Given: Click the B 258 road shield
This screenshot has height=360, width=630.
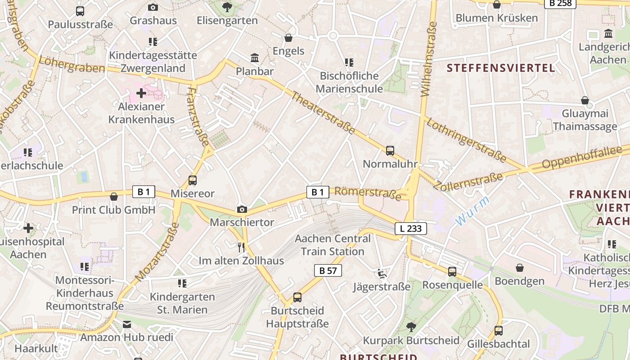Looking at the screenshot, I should point(560,3).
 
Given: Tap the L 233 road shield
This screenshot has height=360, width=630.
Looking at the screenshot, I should point(411,229).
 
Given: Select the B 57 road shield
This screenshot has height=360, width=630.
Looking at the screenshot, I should point(328,270).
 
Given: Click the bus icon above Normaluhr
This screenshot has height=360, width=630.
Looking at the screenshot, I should point(390,151).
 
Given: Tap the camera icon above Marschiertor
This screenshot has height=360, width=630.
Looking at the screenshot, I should point(242,209).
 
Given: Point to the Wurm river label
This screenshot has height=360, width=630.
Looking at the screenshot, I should point(472,211).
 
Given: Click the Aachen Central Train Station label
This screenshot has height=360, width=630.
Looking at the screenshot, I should point(333,245).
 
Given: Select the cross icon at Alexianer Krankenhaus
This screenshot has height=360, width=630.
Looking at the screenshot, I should point(141,93).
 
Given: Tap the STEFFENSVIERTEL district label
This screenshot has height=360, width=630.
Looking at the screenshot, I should point(501,68).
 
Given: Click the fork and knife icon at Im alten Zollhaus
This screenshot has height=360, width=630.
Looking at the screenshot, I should point(241,247).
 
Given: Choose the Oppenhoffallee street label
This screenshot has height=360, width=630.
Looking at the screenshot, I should point(585,157).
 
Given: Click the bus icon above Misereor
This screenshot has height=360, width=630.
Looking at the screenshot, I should point(193,180).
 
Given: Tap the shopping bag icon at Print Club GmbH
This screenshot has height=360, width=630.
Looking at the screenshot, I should point(114,197).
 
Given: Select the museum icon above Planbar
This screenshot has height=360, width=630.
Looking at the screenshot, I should point(255,58).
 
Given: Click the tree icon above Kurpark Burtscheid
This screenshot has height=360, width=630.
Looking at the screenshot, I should point(411,327).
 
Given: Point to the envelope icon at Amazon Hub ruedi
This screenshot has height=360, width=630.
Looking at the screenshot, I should point(127,324).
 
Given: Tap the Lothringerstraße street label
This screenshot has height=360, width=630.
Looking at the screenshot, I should point(466,140).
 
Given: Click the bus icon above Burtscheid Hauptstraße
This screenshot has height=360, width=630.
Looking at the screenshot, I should point(297,297).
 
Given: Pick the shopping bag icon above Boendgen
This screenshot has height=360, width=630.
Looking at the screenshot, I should point(520,268).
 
